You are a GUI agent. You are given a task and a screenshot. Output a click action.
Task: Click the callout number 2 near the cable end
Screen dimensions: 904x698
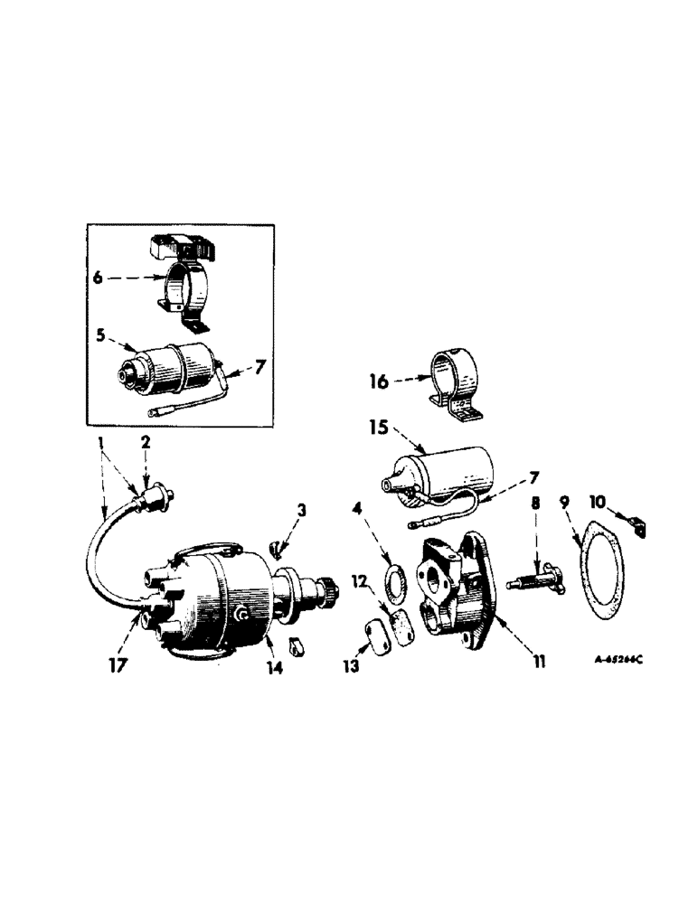(145, 443)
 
